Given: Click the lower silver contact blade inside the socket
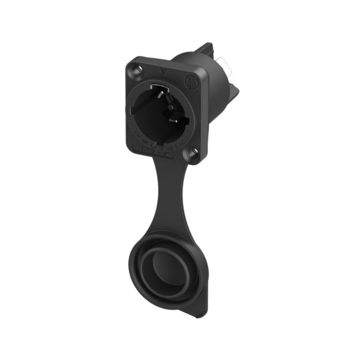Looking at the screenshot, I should [175, 120].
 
